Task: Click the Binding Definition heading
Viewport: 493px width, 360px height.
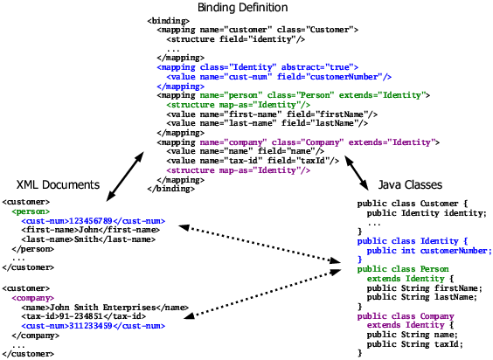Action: [x=247, y=8]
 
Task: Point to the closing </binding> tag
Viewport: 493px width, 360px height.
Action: [x=170, y=189]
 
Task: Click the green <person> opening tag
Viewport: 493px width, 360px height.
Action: [x=31, y=211]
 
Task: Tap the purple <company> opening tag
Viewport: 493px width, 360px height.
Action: [x=32, y=298]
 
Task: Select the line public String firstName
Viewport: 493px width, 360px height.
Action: [x=424, y=287]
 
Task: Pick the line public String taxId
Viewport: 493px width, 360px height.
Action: [x=415, y=344]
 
